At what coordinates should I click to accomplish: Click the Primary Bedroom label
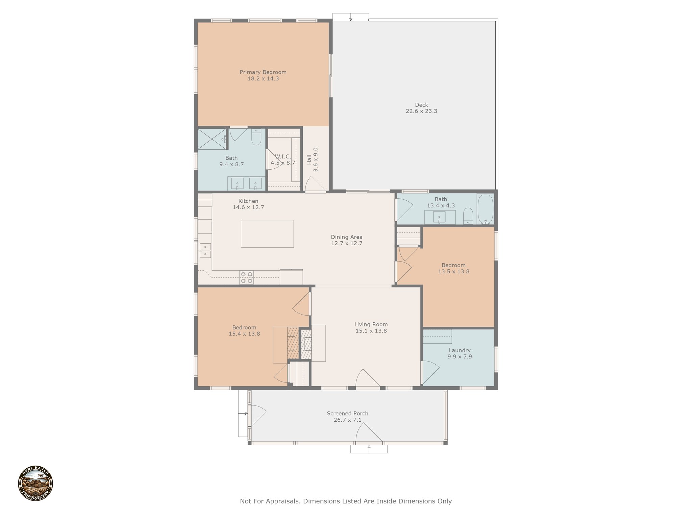pyautogui.click(x=263, y=72)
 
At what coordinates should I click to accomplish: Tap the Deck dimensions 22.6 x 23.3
pyautogui.click(x=421, y=111)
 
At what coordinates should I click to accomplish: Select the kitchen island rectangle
pyautogui.click(x=267, y=234)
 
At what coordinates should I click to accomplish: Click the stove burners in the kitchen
pyautogui.click(x=247, y=277)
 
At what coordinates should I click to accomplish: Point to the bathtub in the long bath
pyautogui.click(x=486, y=209)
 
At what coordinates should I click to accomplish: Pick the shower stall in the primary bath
pyautogui.click(x=212, y=139)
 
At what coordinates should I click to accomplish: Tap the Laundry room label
pyautogui.click(x=460, y=350)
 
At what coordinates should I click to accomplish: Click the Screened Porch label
pyautogui.click(x=347, y=414)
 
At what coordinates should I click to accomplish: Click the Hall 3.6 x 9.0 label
pyautogui.click(x=313, y=159)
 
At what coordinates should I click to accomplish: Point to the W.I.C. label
pyautogui.click(x=282, y=156)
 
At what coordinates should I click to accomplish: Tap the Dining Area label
pyautogui.click(x=347, y=237)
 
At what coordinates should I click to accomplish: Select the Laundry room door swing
pyautogui.click(x=430, y=372)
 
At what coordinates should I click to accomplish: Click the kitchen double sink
pyautogui.click(x=205, y=250)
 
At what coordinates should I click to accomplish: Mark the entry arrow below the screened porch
pyautogui.click(x=369, y=449)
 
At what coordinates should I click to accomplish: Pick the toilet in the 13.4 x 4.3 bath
pyautogui.click(x=468, y=216)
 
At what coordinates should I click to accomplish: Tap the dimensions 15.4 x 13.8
pyautogui.click(x=244, y=334)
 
